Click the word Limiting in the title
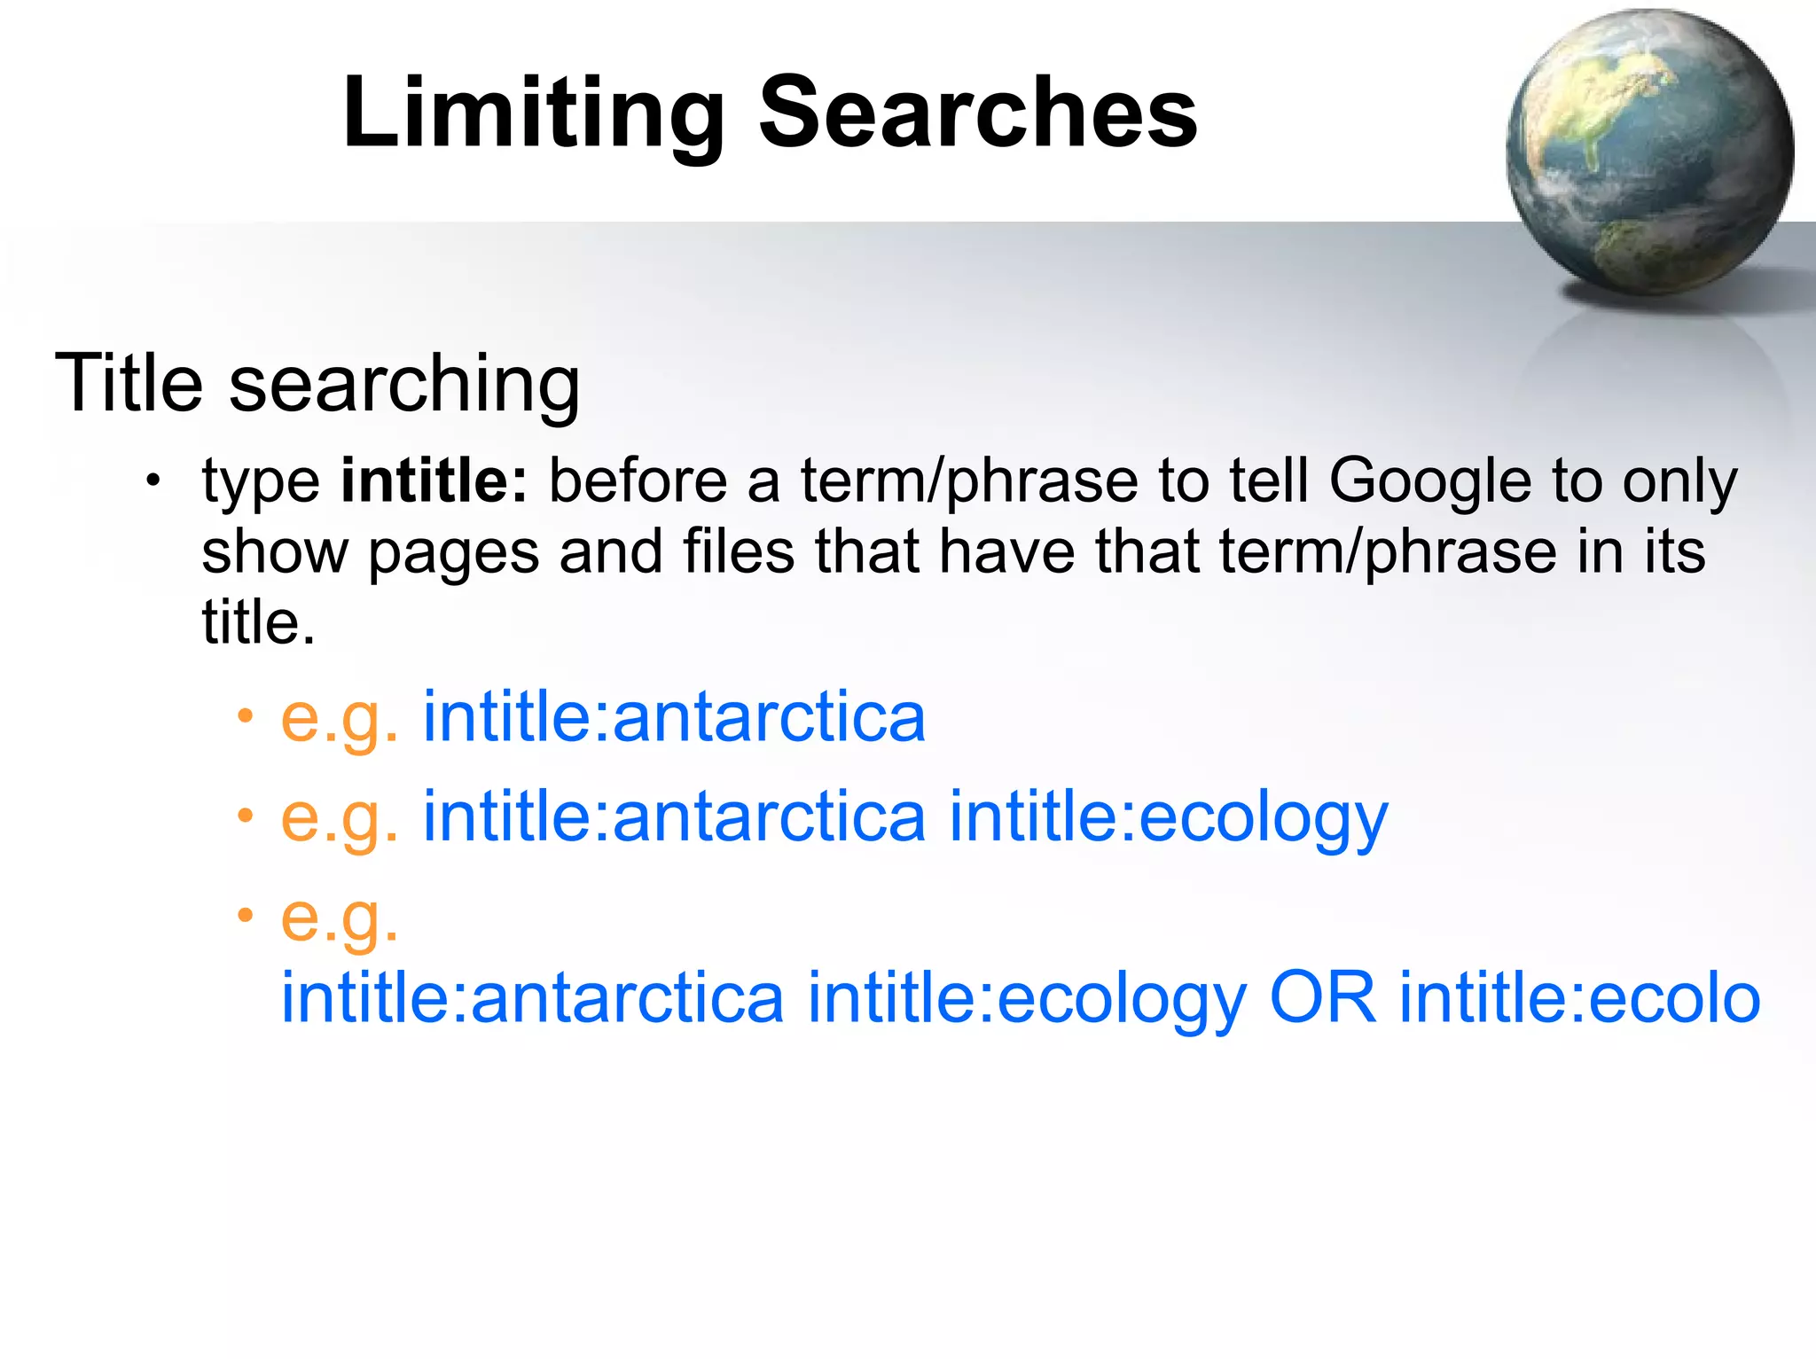pos(533,113)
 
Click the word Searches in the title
pos(977,113)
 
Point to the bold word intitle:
pos(434,480)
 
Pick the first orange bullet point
pos(245,715)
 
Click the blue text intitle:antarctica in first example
pos(674,716)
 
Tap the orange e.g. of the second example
pos(339,816)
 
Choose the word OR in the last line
pos(1323,997)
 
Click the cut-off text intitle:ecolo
pos(1579,997)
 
